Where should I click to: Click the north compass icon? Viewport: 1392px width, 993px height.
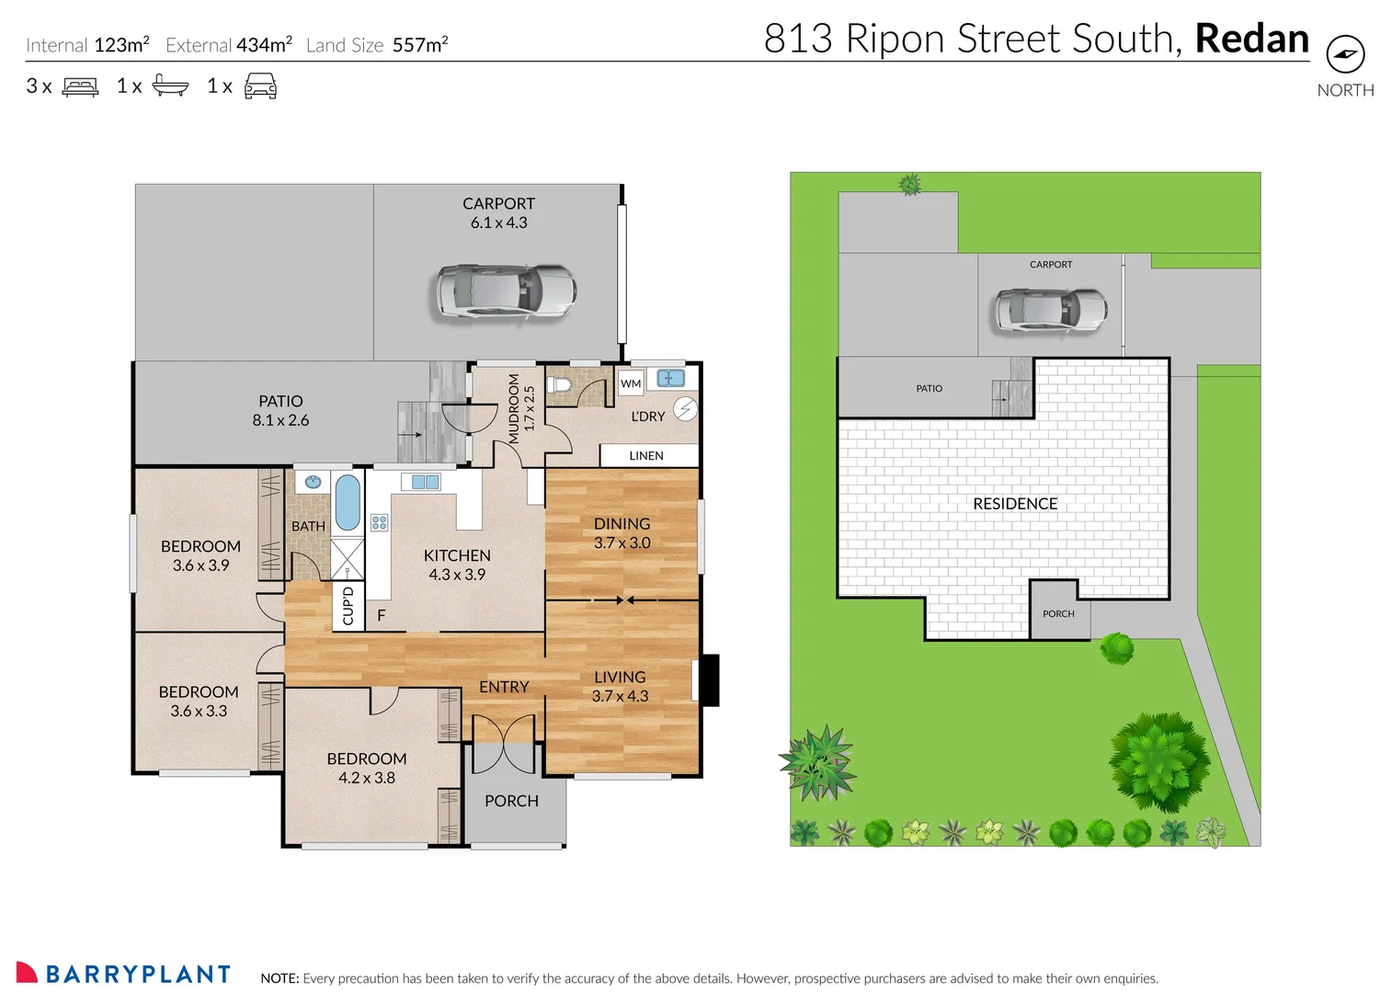pyautogui.click(x=1345, y=54)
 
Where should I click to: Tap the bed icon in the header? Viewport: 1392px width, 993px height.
pyautogui.click(x=80, y=86)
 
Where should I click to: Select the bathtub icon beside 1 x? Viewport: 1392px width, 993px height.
pyautogui.click(x=170, y=86)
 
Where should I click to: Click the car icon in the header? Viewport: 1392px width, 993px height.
pyautogui.click(x=260, y=86)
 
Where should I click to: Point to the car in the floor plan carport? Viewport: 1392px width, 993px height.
pyautogui.click(x=505, y=291)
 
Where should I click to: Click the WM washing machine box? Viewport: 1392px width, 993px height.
pyautogui.click(x=631, y=383)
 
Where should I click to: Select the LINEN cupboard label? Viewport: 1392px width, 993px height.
pyautogui.click(x=646, y=456)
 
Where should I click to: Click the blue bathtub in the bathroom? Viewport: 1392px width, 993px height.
pyautogui.click(x=348, y=502)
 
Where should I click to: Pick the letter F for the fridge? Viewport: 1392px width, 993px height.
pyautogui.click(x=381, y=615)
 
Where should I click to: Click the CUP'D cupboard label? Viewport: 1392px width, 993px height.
pyautogui.click(x=348, y=606)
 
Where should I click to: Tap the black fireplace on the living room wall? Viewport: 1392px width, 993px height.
pyautogui.click(x=709, y=679)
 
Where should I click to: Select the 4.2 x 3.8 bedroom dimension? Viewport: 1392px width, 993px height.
pyautogui.click(x=367, y=778)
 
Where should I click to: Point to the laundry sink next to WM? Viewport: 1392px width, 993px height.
pyautogui.click(x=670, y=378)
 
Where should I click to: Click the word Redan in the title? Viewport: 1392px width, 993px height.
pyautogui.click(x=1251, y=39)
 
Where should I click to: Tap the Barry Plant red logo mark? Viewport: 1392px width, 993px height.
pyautogui.click(x=27, y=973)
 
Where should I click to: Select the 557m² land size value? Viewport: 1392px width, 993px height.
pyautogui.click(x=420, y=45)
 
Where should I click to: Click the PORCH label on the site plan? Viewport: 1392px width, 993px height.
pyautogui.click(x=1058, y=613)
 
